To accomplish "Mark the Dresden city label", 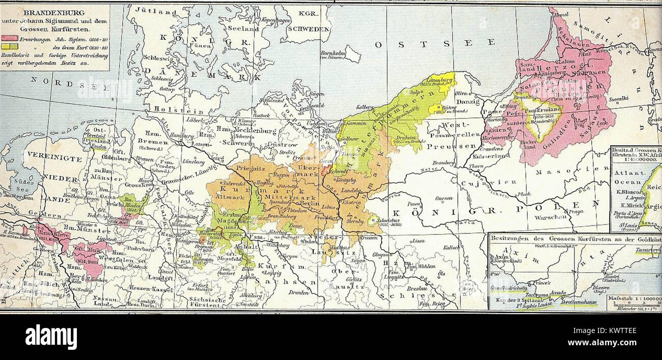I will coord(299,292).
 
